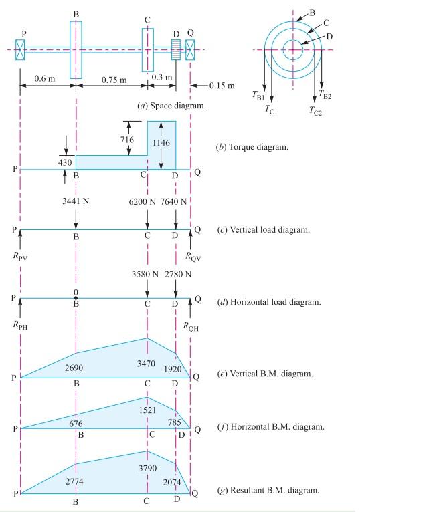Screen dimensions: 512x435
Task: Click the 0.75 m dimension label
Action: (x=114, y=80)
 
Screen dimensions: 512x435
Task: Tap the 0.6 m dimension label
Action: (x=46, y=80)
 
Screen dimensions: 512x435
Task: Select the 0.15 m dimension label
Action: (x=220, y=86)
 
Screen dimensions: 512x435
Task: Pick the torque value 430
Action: (x=64, y=162)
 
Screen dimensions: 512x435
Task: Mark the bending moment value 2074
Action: (x=172, y=481)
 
